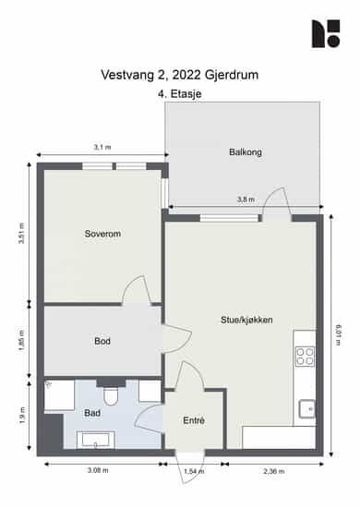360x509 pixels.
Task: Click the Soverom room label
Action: [102, 234]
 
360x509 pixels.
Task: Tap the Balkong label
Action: [246, 151]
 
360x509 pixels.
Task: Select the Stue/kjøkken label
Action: [246, 320]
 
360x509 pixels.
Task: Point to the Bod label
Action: [102, 341]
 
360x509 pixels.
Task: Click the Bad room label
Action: [92, 413]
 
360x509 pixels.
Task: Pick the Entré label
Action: [194, 420]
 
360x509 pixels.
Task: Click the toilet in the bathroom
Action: [111, 396]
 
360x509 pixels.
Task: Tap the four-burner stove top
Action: [305, 357]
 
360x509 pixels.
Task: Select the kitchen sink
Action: [306, 408]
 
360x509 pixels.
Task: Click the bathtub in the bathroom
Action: [96, 440]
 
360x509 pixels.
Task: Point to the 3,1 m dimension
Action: [102, 148]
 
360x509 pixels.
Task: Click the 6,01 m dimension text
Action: [338, 334]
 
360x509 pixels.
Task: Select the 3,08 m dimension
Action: [98, 470]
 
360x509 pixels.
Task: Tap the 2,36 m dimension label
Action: [274, 471]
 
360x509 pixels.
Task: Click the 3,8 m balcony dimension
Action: [246, 200]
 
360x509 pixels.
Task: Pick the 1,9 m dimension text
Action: [22, 416]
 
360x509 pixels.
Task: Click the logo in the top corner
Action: [326, 34]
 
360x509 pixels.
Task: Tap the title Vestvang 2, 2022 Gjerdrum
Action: [180, 75]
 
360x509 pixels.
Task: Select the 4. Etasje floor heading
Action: [180, 94]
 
